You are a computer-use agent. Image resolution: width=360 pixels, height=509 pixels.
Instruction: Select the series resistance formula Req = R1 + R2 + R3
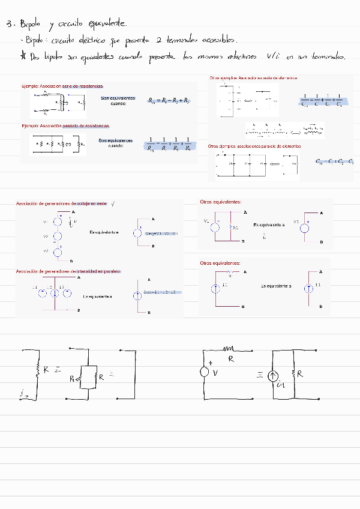pyautogui.click(x=169, y=101)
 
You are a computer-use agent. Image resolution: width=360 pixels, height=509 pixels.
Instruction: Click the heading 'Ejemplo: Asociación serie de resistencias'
pyautogui.click(x=62, y=86)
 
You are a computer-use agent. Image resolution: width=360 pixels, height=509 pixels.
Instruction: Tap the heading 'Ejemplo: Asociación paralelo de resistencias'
pyautogui.click(x=65, y=126)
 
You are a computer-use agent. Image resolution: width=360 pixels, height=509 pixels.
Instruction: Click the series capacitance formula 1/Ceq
pyautogui.click(x=322, y=100)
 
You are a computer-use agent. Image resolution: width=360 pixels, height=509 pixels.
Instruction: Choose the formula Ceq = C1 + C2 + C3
pyautogui.click(x=334, y=161)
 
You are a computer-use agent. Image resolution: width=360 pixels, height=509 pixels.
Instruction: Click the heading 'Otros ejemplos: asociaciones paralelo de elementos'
pyautogui.click(x=254, y=146)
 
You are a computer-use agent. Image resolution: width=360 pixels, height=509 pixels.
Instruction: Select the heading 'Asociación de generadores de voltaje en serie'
pyautogui.click(x=61, y=204)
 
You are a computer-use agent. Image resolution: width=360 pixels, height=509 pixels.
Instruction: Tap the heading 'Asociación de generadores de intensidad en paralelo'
pyautogui.click(x=68, y=271)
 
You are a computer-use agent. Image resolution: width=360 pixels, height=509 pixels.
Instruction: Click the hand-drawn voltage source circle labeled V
pyautogui.click(x=204, y=372)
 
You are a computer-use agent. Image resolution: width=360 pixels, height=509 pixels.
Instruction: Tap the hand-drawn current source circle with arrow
pyautogui.click(x=272, y=376)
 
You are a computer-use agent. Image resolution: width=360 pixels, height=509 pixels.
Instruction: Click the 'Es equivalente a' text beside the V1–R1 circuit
pyautogui.click(x=269, y=224)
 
